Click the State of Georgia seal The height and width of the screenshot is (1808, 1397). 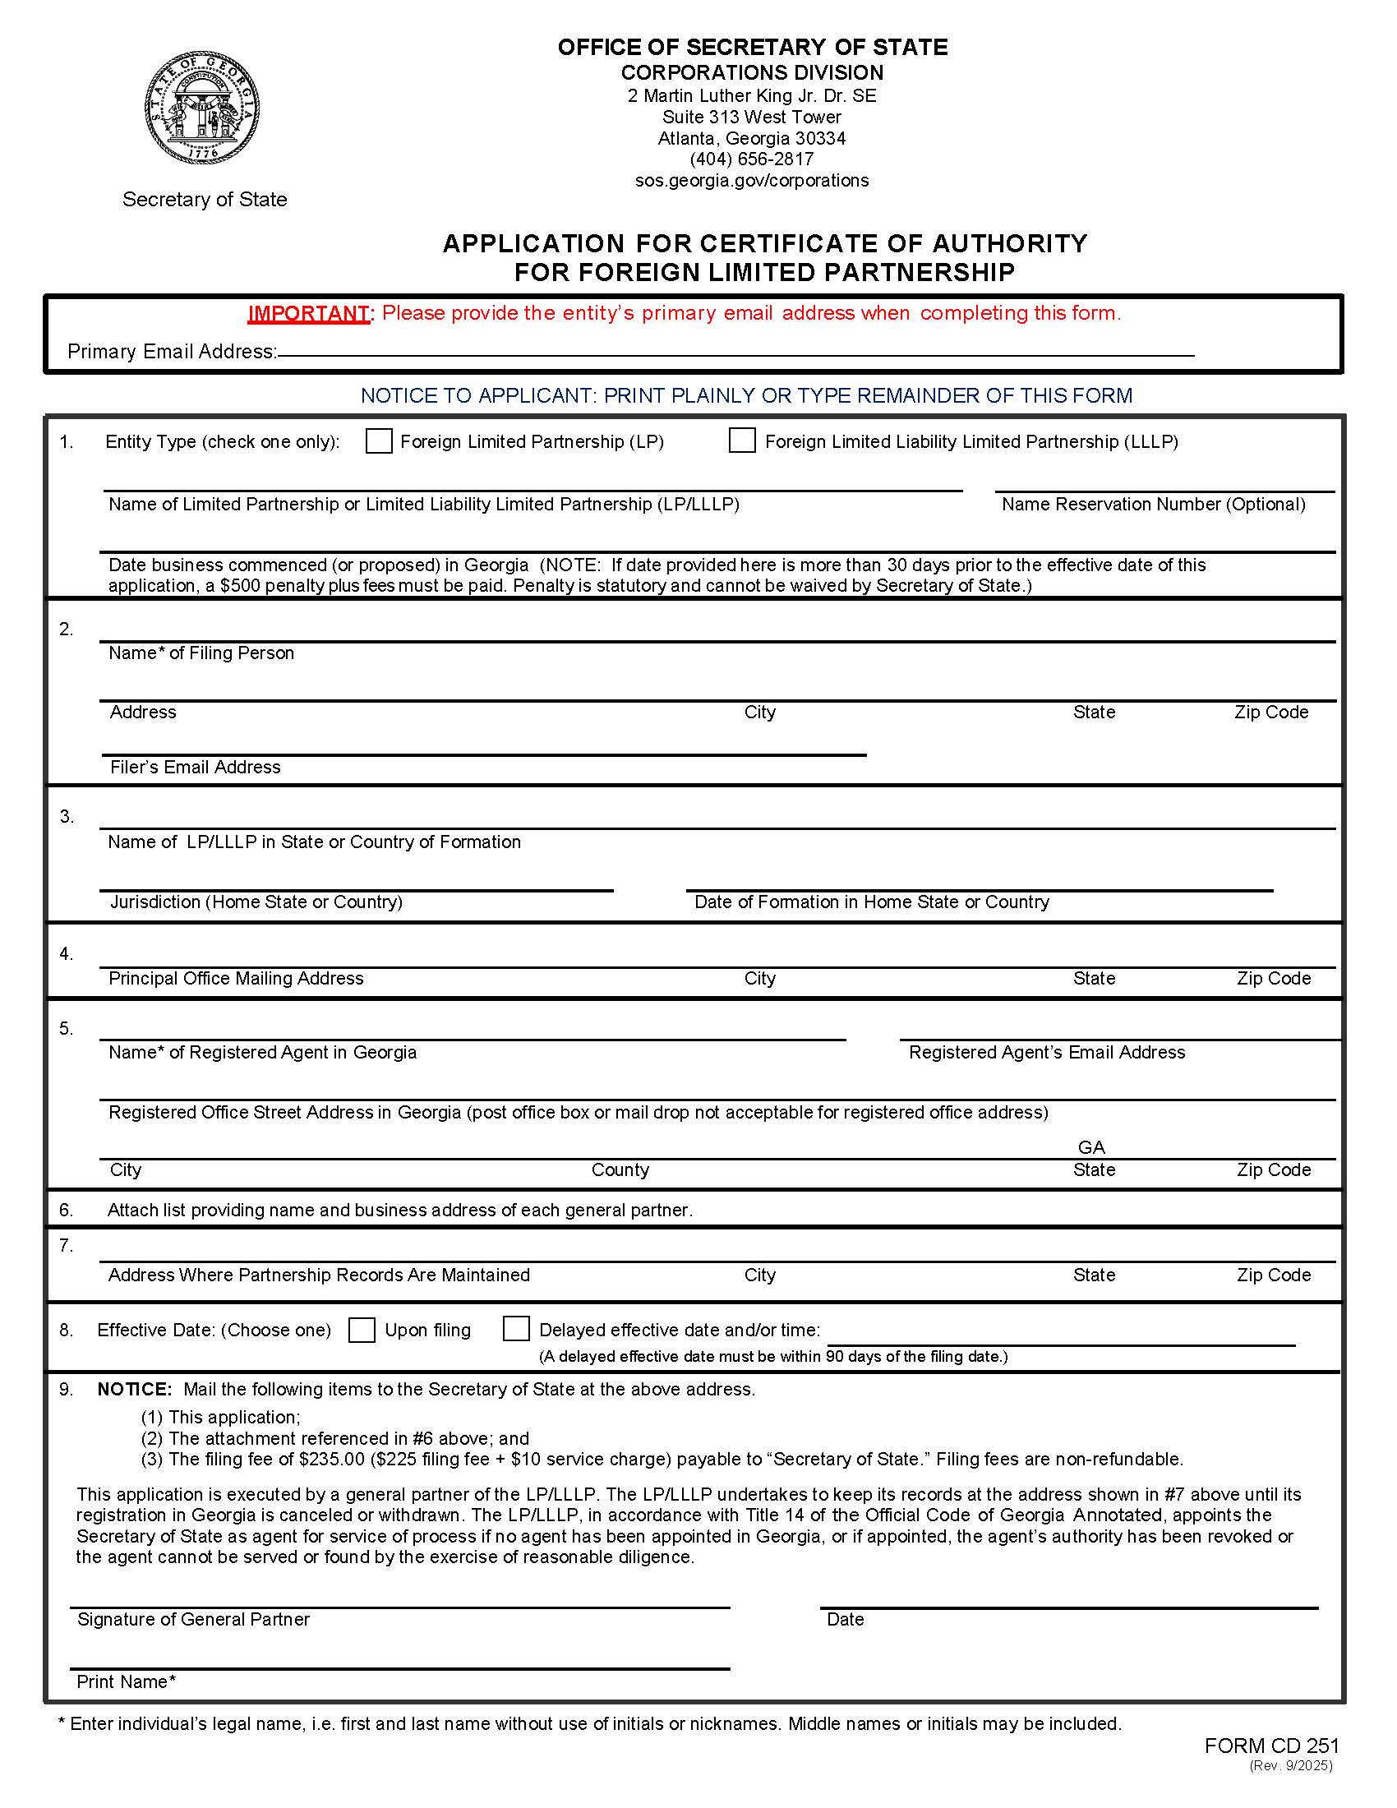coord(203,108)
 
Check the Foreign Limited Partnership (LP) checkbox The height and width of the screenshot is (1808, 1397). coord(379,441)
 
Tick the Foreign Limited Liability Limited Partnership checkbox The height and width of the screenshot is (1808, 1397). coord(741,440)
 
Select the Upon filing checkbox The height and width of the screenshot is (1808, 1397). coord(362,1330)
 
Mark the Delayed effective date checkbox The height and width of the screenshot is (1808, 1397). coord(515,1329)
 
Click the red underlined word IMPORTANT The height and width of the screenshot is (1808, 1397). coord(309,314)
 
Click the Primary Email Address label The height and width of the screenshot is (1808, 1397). coord(171,352)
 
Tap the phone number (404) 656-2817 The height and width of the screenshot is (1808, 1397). coord(751,159)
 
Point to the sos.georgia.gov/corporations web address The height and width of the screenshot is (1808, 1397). coord(751,181)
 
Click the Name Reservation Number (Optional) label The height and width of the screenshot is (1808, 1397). coord(1153,504)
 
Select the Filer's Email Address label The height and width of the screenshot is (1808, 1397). coord(196,768)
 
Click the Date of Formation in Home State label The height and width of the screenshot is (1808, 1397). coord(870,902)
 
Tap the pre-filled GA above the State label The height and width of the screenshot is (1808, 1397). coord(1090,1147)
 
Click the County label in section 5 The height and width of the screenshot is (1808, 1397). coord(620,1169)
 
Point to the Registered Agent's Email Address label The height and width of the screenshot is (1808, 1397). coord(1046,1052)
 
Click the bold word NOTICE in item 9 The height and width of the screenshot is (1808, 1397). coord(134,1389)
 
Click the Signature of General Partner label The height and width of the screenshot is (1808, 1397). coord(193,1619)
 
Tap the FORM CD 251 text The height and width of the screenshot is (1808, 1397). coord(1271,1746)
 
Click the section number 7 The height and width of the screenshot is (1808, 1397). coord(66,1246)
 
